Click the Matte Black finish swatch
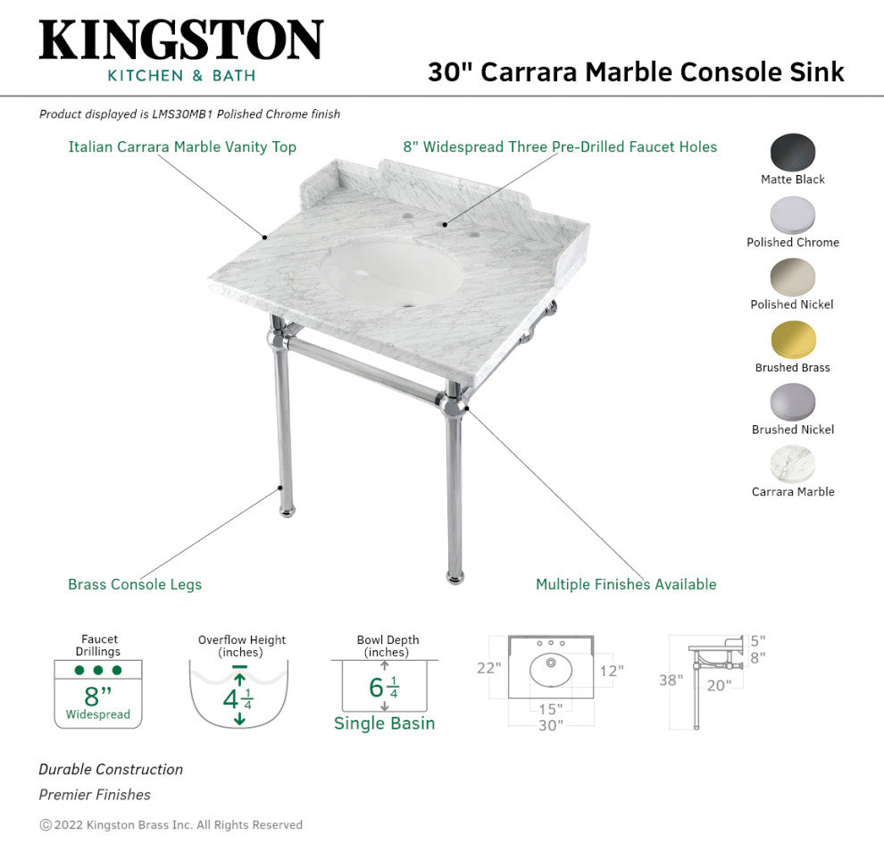(x=793, y=151)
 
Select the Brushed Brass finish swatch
(x=793, y=339)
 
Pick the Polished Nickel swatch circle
(x=793, y=277)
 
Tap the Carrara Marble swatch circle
(x=793, y=464)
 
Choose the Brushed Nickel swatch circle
(x=793, y=402)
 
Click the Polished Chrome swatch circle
(x=793, y=215)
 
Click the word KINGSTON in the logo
(x=181, y=39)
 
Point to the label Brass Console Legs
(x=135, y=584)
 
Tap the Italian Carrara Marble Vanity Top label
(x=182, y=146)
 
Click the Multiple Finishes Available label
(x=626, y=584)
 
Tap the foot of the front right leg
(x=455, y=578)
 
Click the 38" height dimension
(x=671, y=680)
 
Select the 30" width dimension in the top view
(x=550, y=725)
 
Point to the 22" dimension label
(x=488, y=668)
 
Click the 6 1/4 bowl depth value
(x=384, y=688)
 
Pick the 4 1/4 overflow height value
(x=238, y=700)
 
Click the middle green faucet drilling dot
(x=98, y=670)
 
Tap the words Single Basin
(x=385, y=723)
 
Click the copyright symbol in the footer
(x=46, y=825)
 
